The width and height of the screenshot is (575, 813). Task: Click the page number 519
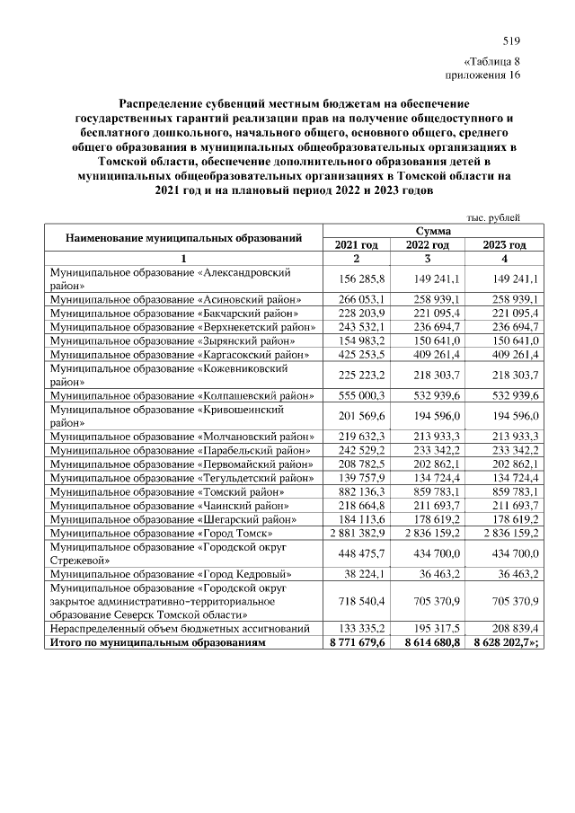(511, 40)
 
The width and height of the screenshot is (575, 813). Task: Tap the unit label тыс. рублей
(495, 217)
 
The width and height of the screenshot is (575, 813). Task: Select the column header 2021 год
(357, 244)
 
